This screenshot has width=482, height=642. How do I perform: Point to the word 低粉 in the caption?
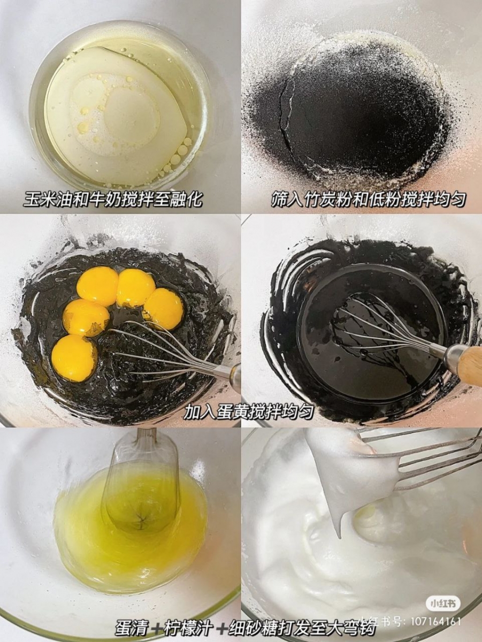[380, 200]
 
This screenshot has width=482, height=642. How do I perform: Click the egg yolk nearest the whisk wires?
[163, 309]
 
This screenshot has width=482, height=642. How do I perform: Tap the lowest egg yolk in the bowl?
[74, 357]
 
